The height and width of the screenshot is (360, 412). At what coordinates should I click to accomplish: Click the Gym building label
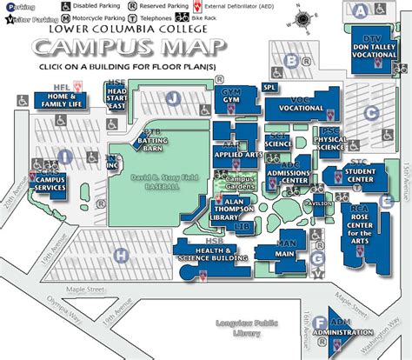231,98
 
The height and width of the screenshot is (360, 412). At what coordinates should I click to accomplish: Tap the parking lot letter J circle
175,98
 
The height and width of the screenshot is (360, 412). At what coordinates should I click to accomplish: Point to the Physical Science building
329,142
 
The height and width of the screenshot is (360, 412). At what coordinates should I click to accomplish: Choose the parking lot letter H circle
123,255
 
